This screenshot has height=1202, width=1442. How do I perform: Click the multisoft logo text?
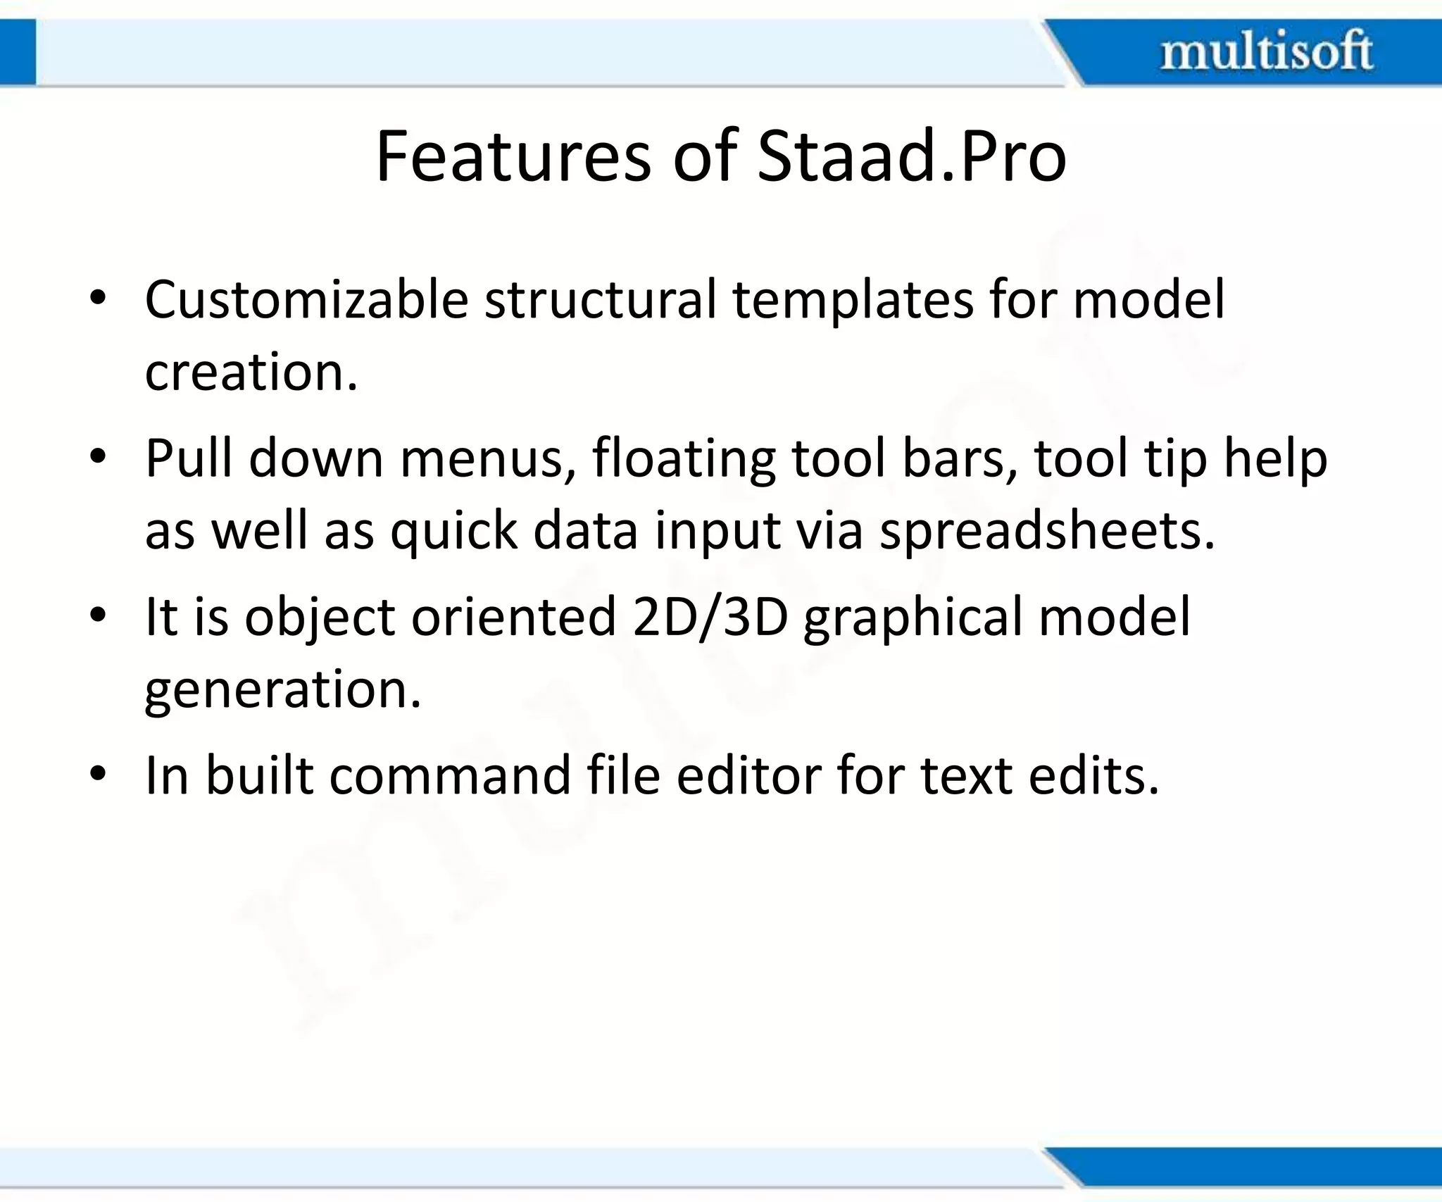point(1266,51)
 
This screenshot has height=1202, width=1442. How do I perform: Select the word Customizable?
point(306,300)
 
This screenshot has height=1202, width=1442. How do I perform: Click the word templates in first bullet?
point(853,300)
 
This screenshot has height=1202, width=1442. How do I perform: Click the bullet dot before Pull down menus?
point(98,457)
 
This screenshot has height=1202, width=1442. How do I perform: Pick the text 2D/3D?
point(710,617)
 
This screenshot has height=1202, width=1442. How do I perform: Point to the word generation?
point(282,690)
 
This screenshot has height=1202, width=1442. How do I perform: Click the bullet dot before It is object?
point(98,615)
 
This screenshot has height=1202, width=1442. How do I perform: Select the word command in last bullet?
point(449,775)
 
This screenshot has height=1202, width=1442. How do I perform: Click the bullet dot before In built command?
point(98,774)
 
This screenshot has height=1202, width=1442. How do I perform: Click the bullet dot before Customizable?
point(98,299)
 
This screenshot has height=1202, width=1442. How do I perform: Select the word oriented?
point(513,617)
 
